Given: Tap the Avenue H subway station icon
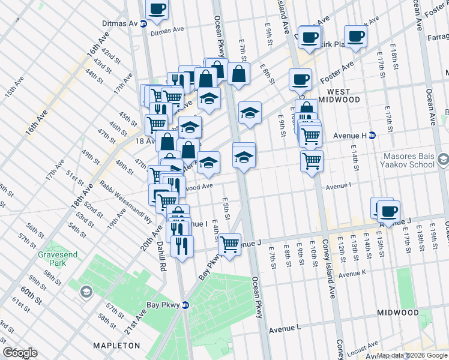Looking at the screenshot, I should pyautogui.click(x=372, y=135).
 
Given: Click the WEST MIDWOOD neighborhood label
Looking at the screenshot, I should pyautogui.click(x=339, y=95).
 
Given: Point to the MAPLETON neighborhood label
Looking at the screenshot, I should pyautogui.click(x=116, y=346).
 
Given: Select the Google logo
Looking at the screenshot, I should pyautogui.click(x=20, y=353).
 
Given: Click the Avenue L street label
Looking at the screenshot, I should pyautogui.click(x=285, y=329).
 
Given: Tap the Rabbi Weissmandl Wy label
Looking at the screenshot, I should pyautogui.click(x=126, y=202).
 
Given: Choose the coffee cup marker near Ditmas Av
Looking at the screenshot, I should pyautogui.click(x=157, y=9).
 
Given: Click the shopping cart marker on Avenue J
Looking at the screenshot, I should pyautogui.click(x=229, y=244).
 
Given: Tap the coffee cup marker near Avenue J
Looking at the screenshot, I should pyautogui.click(x=389, y=211).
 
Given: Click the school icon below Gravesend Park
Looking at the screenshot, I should pyautogui.click(x=86, y=292).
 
